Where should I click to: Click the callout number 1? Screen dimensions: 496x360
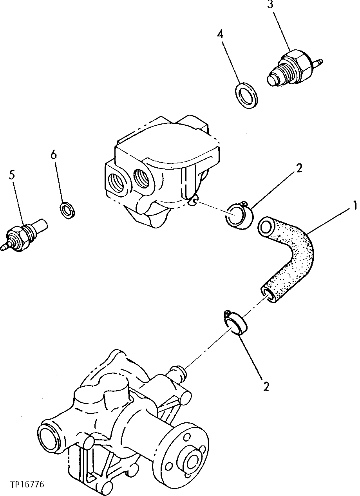[354, 205]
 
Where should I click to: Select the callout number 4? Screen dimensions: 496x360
[221, 34]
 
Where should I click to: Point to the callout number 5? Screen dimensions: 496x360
[12, 175]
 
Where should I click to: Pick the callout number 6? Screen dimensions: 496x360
[53, 155]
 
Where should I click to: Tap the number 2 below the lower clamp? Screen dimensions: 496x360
[266, 386]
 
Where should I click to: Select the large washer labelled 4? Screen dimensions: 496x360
[246, 95]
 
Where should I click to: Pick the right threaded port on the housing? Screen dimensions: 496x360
[142, 177]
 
